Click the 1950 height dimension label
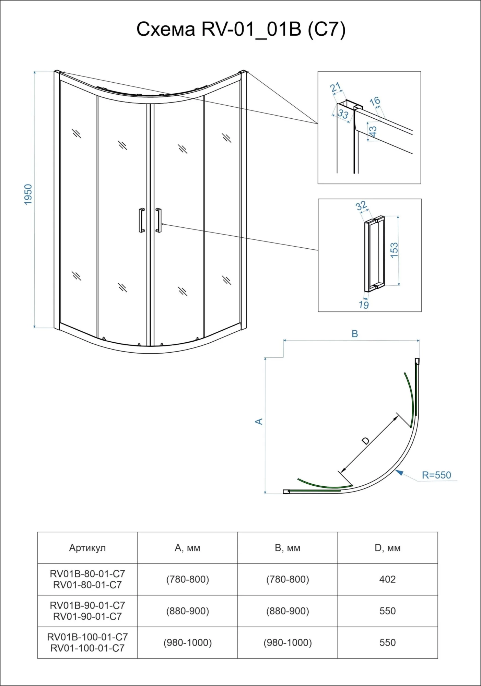28,194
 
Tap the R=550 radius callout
436,475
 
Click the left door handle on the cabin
142,220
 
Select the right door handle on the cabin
158,220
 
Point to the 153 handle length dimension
394,250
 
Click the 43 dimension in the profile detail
373,131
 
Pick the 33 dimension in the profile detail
343,114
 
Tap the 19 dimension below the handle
364,305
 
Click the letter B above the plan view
355,334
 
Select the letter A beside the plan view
259,421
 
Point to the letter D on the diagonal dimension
366,441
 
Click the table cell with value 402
387,579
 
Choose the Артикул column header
87,548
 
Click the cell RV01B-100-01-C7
87,637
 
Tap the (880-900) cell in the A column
187,611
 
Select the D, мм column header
387,548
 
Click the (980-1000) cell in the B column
288,642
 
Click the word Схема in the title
166,29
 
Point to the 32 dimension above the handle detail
361,206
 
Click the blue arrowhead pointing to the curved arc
399,473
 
